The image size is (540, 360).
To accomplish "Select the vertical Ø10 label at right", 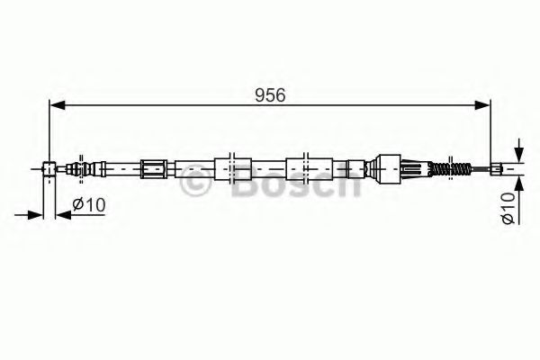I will point(509,208).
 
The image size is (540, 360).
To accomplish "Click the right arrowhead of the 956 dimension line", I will point(487,106).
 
